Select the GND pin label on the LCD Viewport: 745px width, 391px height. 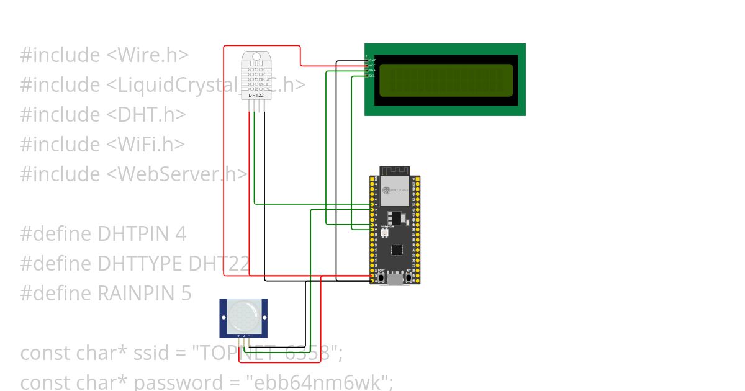tap(372, 60)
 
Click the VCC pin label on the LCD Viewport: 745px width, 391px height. tap(372, 65)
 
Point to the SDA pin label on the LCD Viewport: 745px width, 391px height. tap(372, 70)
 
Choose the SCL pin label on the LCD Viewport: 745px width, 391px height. tap(372, 75)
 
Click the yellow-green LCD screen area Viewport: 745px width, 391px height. tap(446, 81)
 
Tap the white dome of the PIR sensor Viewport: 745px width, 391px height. tap(243, 315)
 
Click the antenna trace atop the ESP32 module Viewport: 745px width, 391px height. tap(395, 171)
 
